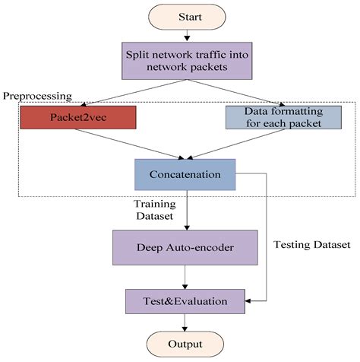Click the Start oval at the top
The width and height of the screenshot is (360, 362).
coord(188,17)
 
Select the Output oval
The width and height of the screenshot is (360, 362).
coord(187,345)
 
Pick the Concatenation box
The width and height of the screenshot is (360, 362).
coord(186,174)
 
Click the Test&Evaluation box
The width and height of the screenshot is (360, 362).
coord(186,301)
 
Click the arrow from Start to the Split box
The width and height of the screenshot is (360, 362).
coord(188,37)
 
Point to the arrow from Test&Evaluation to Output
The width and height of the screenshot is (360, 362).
coord(187,323)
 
